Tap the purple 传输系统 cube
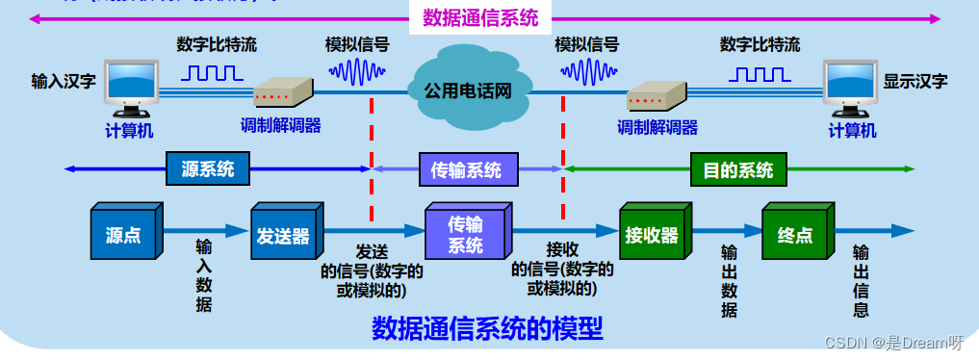[x=465, y=233]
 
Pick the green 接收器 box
[x=651, y=233]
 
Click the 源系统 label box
[x=207, y=169]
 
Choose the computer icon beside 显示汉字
[x=853, y=88]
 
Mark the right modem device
[x=657, y=93]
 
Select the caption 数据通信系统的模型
[x=487, y=329]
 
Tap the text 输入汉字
[x=64, y=81]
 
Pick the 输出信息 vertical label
[x=861, y=280]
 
